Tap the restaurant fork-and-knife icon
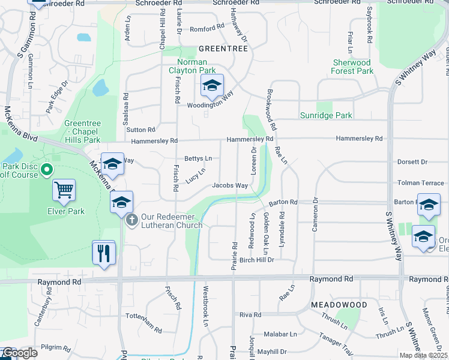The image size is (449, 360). [103, 253]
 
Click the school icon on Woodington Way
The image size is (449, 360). [211, 86]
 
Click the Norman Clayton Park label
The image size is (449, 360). [192, 66]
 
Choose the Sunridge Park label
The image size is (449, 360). [326, 115]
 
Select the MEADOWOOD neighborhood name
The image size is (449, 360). [339, 305]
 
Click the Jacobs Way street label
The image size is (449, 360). [230, 186]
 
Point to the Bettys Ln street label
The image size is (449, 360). [198, 158]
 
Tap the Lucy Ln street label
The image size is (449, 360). [196, 175]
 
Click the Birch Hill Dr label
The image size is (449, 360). [257, 260]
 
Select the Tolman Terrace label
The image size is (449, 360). [420, 182]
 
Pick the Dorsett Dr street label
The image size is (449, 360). [412, 162]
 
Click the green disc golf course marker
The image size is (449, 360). [47, 170]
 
